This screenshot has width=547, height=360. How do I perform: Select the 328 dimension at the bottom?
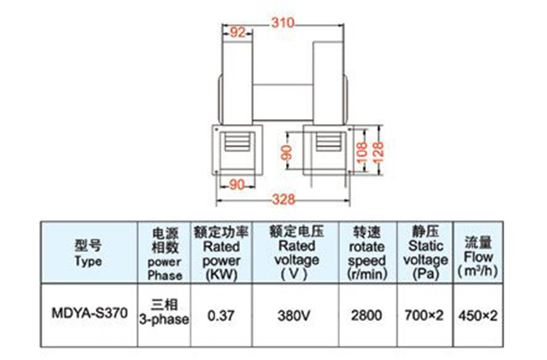(281, 199)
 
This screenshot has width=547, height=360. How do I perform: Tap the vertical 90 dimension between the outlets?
(286, 151)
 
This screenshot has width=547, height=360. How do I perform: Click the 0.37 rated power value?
(221, 315)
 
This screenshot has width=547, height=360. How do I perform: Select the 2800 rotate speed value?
(366, 315)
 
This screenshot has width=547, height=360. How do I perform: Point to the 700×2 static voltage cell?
(427, 315)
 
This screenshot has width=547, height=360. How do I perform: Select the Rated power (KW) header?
(221, 251)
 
